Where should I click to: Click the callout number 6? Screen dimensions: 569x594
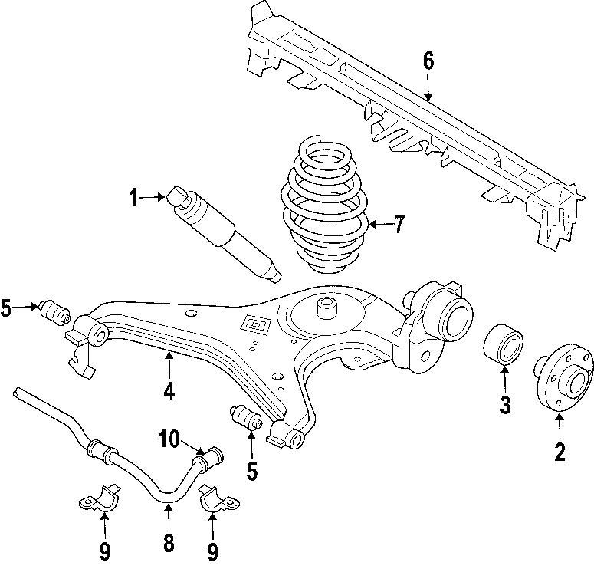point(428,59)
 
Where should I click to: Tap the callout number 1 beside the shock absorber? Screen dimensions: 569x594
point(133,198)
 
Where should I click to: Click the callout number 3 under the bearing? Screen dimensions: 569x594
point(505,404)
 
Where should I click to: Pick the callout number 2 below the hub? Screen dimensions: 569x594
point(560,452)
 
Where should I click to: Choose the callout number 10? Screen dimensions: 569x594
point(169,439)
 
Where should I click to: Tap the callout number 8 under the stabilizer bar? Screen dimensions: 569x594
point(169,542)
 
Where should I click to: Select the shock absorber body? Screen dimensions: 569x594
point(222,229)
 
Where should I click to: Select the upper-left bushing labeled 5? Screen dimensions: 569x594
point(55,311)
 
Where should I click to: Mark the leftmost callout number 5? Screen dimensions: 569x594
point(7,309)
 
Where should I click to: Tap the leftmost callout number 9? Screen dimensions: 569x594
point(105,550)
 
